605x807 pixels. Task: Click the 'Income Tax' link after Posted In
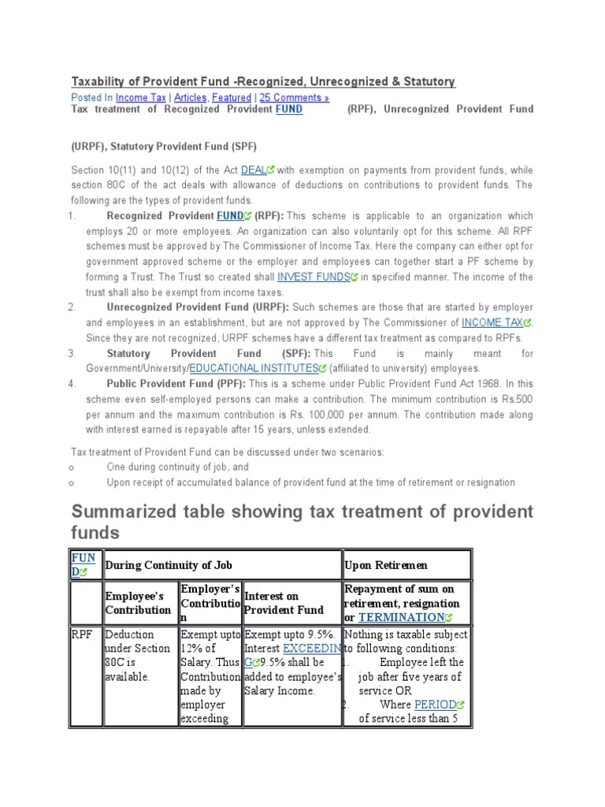(141, 98)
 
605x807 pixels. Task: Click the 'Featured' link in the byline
(232, 98)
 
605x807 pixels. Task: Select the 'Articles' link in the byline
(190, 98)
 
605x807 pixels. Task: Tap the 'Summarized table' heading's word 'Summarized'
(139, 511)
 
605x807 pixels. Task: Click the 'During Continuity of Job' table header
(169, 566)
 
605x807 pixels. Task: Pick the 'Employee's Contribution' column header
(138, 604)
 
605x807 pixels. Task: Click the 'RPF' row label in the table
(82, 634)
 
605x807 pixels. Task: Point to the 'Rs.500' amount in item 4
(518, 399)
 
